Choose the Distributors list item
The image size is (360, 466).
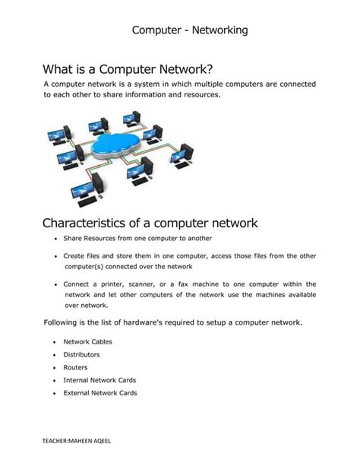pos(81,354)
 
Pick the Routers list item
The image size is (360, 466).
pos(76,366)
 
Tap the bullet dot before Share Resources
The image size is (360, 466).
pos(55,239)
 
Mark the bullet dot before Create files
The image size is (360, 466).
pos(55,256)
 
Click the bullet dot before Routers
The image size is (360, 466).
pos(55,367)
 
